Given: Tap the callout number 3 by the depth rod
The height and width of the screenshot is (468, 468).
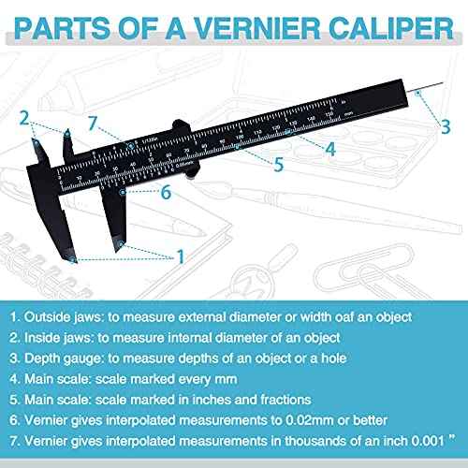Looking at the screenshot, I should [446, 124].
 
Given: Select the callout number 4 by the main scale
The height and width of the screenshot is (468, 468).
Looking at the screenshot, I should [331, 147].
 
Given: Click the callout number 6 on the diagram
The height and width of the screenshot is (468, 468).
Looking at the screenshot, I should [165, 192].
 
